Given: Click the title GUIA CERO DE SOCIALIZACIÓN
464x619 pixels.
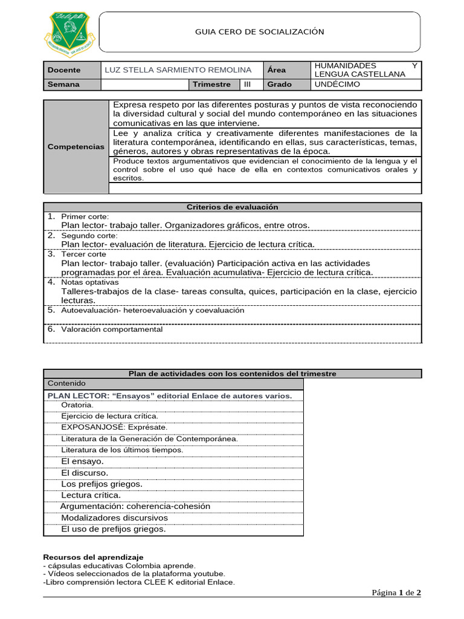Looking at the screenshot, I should click(259, 32).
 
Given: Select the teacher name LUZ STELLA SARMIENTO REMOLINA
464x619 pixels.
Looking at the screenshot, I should click(178, 70).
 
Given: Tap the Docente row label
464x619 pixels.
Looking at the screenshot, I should click(64, 70).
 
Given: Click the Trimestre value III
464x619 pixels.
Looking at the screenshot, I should click(248, 85).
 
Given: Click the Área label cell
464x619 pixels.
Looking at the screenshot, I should click(277, 70).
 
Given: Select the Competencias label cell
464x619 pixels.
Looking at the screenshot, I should click(76, 147).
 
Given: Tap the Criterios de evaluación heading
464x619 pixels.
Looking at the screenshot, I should click(233, 207).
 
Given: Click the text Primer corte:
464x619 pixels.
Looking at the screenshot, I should click(85, 216).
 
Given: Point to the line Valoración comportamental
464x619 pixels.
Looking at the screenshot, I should click(112, 329).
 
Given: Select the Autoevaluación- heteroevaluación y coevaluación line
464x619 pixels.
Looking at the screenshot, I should click(153, 310).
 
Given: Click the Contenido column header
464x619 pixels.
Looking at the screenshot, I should click(66, 383).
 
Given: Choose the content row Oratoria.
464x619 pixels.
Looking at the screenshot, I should click(77, 405).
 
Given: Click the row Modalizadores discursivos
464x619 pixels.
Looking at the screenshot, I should click(115, 518).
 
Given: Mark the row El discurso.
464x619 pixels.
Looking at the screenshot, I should click(85, 473).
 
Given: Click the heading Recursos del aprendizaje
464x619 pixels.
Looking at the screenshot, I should click(94, 557).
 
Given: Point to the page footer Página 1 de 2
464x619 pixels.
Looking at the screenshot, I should click(396, 592).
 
